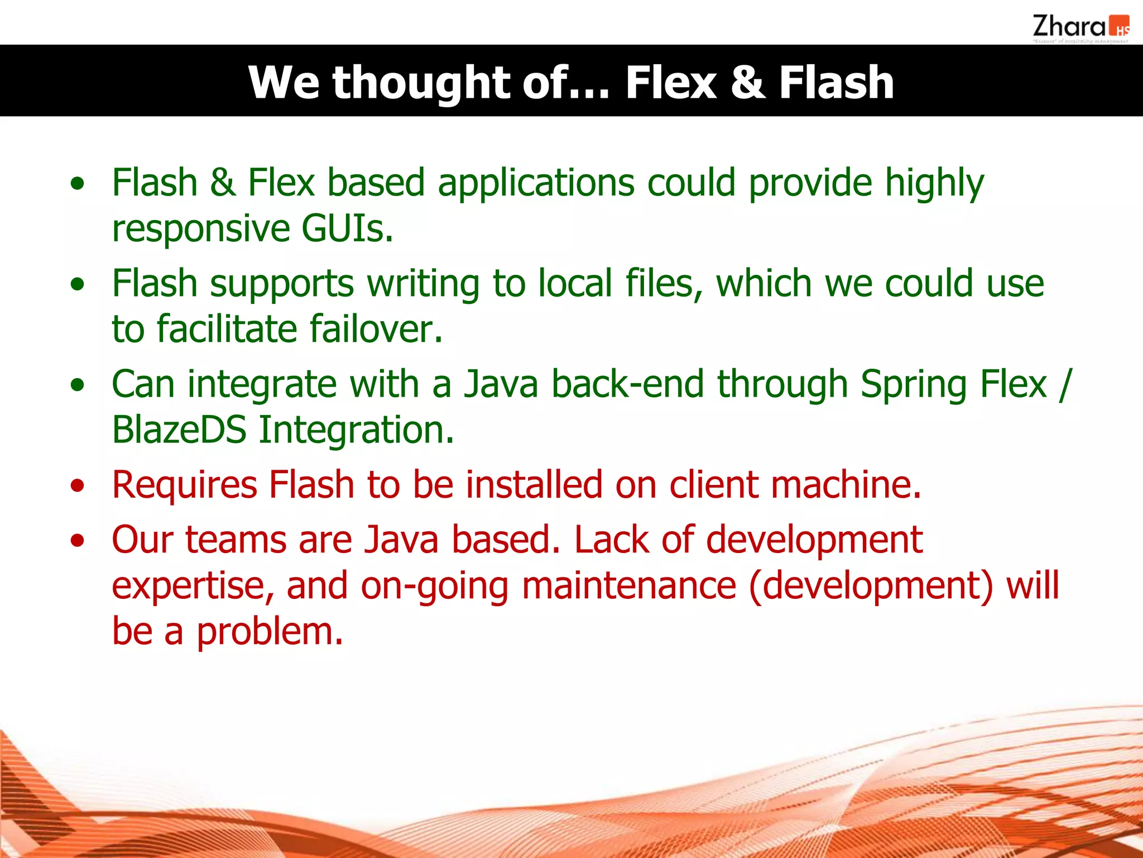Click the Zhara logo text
tap(1068, 26)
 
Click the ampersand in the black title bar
tap(747, 83)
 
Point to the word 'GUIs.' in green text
tap(347, 228)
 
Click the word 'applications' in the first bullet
tap(536, 183)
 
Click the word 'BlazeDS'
tap(179, 430)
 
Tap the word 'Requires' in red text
tap(184, 484)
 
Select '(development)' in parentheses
tap(871, 586)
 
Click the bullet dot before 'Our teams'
tap(78, 541)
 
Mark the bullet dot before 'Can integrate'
tap(78, 385)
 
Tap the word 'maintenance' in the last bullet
tap(628, 586)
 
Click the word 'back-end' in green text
tap(627, 384)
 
